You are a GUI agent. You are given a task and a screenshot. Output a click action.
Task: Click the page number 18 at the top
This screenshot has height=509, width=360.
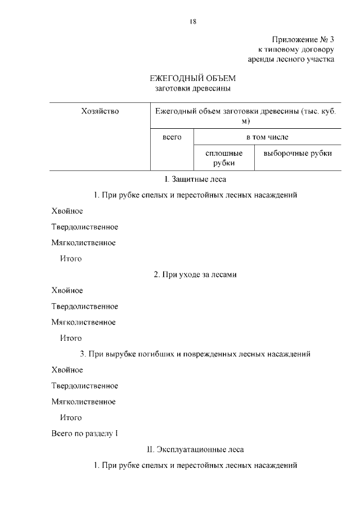(x=192, y=21)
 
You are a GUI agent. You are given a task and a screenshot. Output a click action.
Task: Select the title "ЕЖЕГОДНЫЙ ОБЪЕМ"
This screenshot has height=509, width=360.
(x=192, y=78)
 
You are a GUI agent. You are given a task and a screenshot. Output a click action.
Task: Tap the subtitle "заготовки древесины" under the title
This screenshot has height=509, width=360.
(x=192, y=88)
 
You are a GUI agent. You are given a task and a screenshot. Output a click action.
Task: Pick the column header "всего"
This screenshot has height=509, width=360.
(x=172, y=137)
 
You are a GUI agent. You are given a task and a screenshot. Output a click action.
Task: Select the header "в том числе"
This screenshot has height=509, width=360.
(x=267, y=137)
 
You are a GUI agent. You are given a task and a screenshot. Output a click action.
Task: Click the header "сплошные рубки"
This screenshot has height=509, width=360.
(x=224, y=158)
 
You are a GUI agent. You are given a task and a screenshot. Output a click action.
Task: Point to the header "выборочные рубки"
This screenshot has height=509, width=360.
(x=298, y=153)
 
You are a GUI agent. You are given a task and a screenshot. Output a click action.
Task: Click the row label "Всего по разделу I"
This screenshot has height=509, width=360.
(x=85, y=434)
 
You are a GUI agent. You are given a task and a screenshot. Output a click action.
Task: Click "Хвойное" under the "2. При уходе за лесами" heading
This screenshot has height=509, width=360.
(x=67, y=291)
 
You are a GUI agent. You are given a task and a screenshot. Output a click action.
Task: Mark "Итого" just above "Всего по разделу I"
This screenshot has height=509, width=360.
(x=71, y=418)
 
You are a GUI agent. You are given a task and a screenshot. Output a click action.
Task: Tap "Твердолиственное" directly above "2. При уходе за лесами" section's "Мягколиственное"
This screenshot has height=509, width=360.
(x=85, y=307)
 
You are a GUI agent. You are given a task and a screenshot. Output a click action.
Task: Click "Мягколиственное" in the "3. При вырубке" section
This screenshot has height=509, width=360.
(x=84, y=402)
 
